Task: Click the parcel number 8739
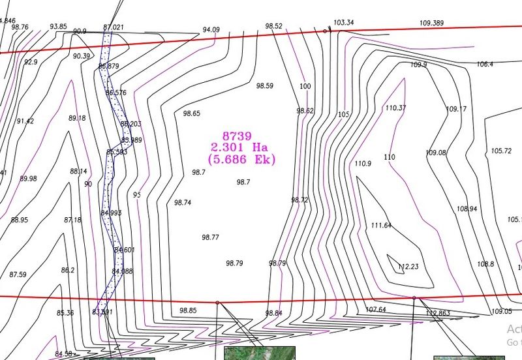(236, 136)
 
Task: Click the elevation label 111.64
(381, 226)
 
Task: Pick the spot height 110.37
(395, 108)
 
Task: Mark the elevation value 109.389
(431, 23)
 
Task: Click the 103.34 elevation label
(343, 23)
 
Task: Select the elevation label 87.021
(114, 27)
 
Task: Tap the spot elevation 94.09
(211, 29)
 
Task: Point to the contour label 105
(344, 115)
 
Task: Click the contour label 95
(137, 194)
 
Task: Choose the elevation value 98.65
(191, 113)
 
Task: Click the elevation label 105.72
(501, 151)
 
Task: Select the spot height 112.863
(438, 313)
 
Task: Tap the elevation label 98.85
(188, 310)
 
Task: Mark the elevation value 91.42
(25, 121)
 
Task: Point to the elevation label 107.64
(376, 309)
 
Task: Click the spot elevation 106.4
(485, 64)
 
